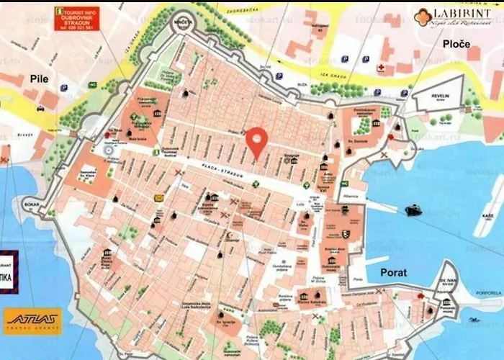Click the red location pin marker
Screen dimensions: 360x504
coord(256,140)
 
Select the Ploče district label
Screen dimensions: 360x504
coord(457,45)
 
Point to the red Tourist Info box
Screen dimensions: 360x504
coord(76,19)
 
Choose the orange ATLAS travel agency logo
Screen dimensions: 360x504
coord(32,321)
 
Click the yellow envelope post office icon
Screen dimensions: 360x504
coord(158,197)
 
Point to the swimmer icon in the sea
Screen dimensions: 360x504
coord(474,318)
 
